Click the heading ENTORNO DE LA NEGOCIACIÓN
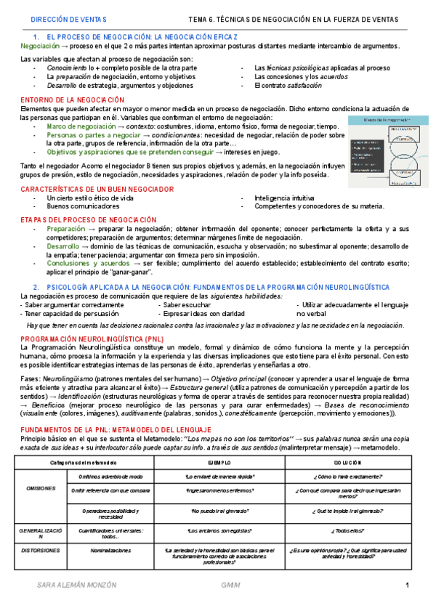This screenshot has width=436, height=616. (72, 100)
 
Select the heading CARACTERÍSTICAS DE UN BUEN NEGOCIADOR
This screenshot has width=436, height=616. (97, 189)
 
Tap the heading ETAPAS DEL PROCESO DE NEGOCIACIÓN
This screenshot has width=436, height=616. (88, 219)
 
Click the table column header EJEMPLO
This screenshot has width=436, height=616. (218, 462)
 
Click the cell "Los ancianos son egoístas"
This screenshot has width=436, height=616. (218, 531)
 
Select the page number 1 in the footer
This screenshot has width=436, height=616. (407, 586)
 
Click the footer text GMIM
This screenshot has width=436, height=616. (231, 586)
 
